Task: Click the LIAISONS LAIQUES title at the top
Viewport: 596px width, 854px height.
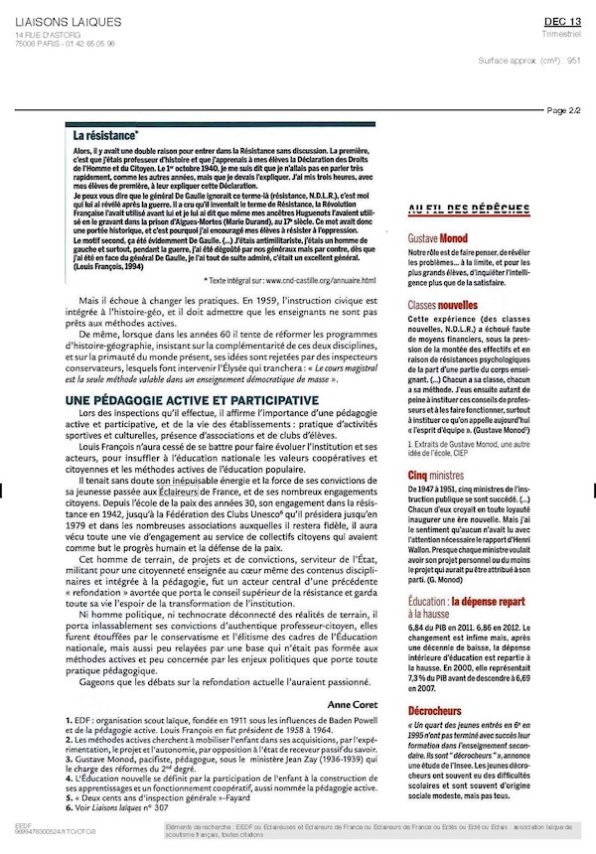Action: click(68, 22)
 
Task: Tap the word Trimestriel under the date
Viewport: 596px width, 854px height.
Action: click(565, 34)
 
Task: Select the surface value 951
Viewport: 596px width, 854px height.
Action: click(573, 60)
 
